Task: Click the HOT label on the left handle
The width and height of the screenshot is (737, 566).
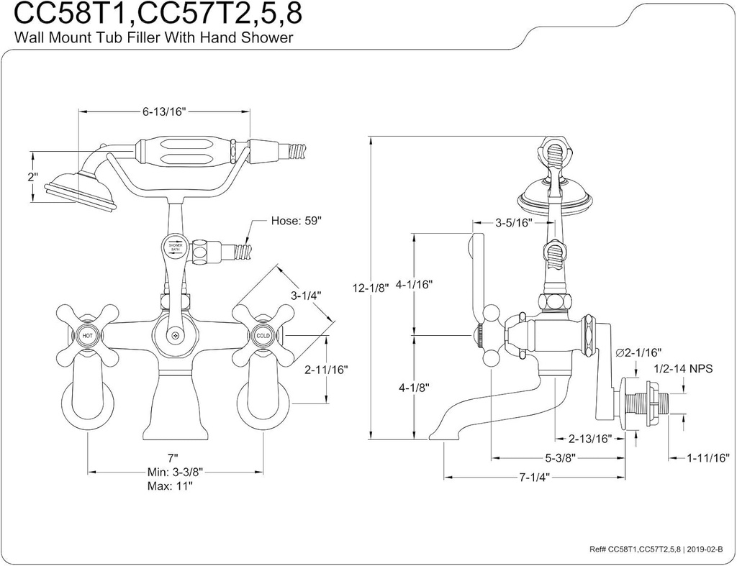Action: (x=87, y=335)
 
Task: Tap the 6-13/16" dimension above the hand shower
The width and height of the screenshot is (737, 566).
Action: (x=164, y=111)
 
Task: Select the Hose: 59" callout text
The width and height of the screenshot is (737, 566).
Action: (x=296, y=221)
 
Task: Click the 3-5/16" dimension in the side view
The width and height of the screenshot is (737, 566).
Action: (x=513, y=223)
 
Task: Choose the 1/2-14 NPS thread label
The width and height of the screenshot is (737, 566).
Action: (x=682, y=368)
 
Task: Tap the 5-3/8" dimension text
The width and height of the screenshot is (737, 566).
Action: (x=559, y=458)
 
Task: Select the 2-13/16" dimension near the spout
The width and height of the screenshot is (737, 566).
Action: (x=589, y=438)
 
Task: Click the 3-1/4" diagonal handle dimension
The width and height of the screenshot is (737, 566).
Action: (x=305, y=295)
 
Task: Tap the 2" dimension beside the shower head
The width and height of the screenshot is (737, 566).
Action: (x=32, y=178)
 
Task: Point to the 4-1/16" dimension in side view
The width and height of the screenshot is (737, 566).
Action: (x=414, y=284)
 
